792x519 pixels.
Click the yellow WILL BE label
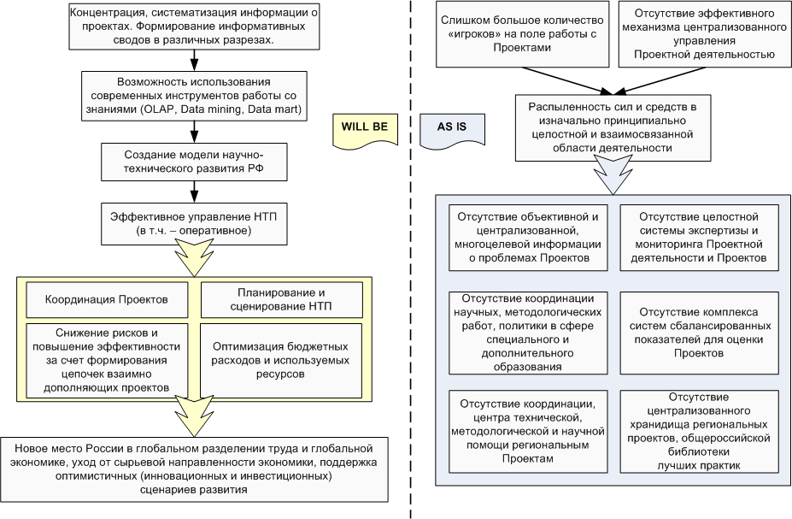click(x=365, y=126)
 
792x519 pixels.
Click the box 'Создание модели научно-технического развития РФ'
click(x=195, y=160)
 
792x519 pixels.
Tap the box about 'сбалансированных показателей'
click(x=699, y=331)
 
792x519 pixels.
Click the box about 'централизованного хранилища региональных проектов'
click(x=699, y=431)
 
